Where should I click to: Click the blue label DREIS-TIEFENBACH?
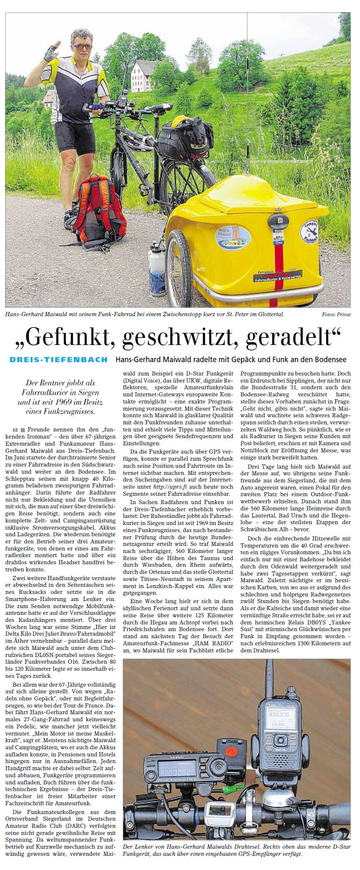58,360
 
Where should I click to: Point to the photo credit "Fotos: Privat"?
336,314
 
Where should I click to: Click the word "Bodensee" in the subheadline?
330,360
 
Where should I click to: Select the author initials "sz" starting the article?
15,429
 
